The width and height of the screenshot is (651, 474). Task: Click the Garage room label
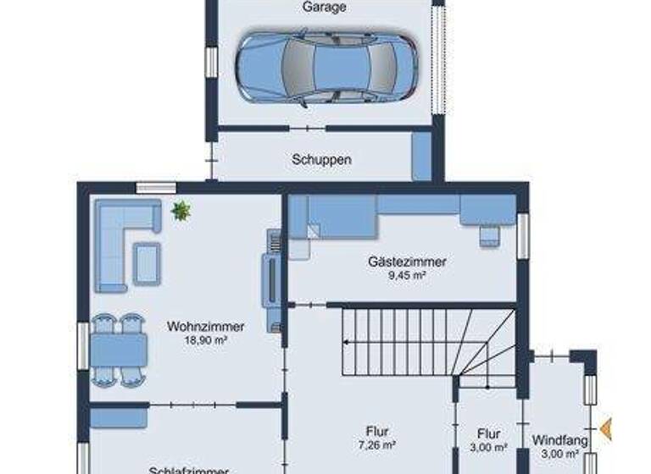(325, 8)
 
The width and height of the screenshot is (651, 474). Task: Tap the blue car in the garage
(325, 69)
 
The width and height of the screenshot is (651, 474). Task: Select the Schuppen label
(321, 158)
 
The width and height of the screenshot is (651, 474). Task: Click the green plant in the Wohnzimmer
(181, 211)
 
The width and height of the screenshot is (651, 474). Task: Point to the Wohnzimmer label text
(206, 326)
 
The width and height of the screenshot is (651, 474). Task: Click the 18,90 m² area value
(206, 339)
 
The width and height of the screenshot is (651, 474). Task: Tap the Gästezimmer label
(407, 262)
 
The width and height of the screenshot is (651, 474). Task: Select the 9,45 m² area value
(407, 275)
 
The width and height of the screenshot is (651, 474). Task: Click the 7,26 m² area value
(377, 444)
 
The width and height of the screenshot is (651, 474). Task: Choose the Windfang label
(555, 439)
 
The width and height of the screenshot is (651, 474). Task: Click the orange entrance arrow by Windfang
(605, 430)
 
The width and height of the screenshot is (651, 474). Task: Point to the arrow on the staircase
(348, 342)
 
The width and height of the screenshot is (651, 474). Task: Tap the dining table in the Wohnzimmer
(118, 350)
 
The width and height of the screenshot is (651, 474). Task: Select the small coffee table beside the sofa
(147, 262)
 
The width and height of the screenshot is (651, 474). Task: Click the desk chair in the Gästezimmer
(489, 235)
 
